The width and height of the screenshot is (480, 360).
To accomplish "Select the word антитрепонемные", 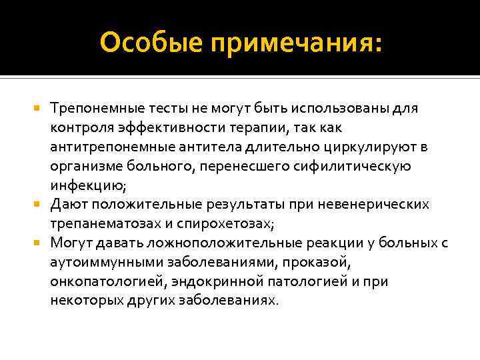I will tap(102, 146).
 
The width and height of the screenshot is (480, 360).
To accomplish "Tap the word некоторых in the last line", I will tap(79, 301).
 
